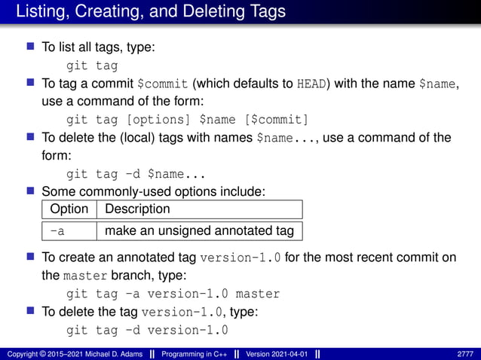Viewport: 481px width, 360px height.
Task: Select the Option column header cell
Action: click(69, 209)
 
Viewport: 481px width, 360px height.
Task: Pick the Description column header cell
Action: click(138, 209)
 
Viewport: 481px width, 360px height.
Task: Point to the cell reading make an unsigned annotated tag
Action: click(199, 230)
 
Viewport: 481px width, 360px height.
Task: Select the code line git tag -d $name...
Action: click(127, 175)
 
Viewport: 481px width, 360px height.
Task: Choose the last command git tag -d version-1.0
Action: click(148, 330)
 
